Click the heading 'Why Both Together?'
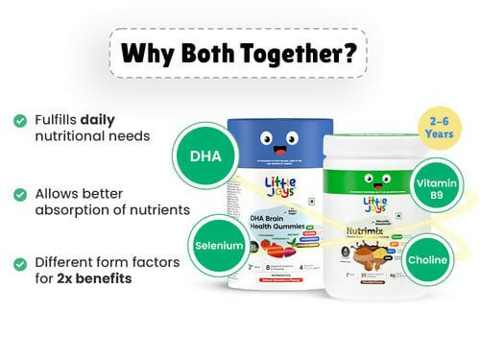click(x=239, y=50)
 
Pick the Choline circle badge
click(x=427, y=258)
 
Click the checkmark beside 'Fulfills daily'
click(x=19, y=120)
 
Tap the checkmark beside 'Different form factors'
click(x=19, y=261)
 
